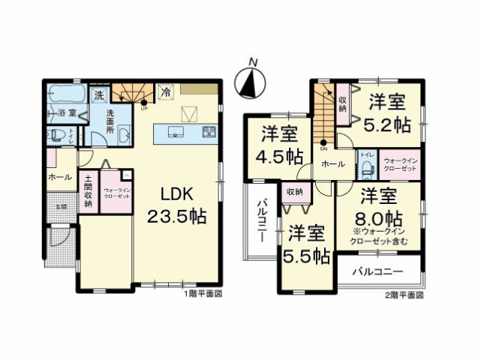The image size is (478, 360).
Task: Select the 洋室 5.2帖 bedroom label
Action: point(386,114)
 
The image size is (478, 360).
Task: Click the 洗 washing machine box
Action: point(98,95)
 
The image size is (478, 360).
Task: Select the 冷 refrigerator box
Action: point(164,92)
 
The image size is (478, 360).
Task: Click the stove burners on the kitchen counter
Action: point(209,132)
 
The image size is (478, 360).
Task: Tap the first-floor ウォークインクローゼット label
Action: point(116,191)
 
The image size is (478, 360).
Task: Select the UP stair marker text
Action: point(143,108)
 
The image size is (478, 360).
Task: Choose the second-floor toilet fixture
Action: point(367,169)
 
